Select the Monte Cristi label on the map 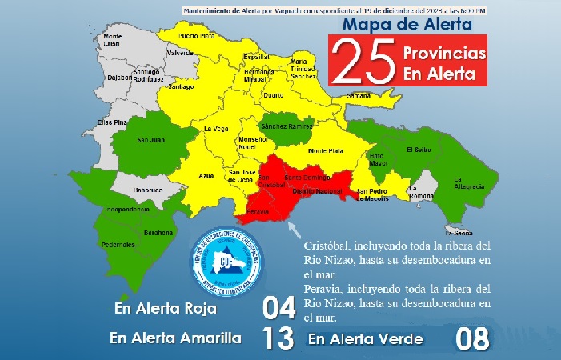112,41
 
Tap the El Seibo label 419,149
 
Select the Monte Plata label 325,150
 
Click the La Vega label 216,129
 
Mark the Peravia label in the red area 258,212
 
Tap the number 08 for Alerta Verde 471,338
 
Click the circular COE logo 228,261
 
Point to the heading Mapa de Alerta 407,25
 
